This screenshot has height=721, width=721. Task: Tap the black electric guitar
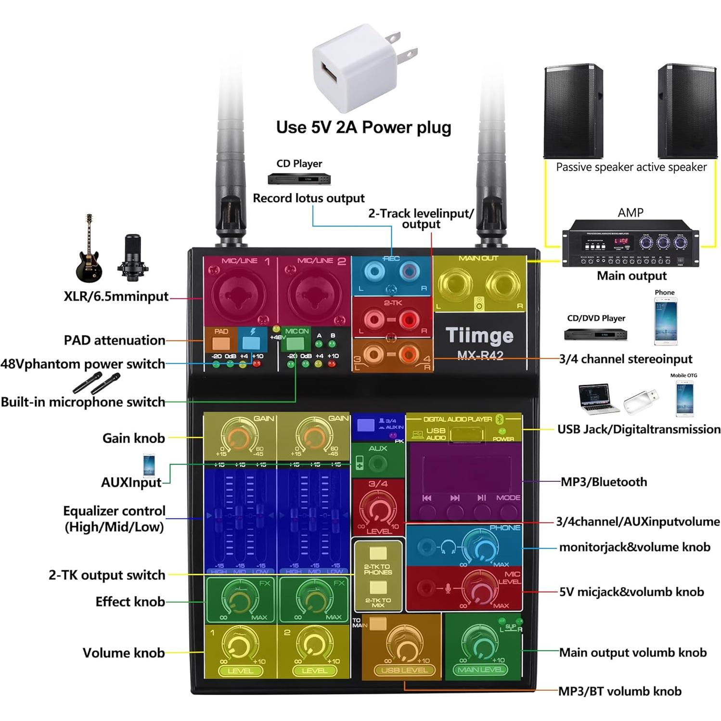(x=89, y=253)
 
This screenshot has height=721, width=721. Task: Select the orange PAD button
(x=221, y=343)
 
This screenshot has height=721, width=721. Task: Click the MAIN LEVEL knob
(x=479, y=644)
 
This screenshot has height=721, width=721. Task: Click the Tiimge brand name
(x=479, y=335)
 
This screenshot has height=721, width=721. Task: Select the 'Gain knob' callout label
(x=133, y=438)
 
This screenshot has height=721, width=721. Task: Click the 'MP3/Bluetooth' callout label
(x=604, y=482)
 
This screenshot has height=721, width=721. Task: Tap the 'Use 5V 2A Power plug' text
(x=363, y=128)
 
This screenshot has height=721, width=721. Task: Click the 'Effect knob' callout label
(x=130, y=602)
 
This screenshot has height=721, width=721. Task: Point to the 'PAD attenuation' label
(x=115, y=340)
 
